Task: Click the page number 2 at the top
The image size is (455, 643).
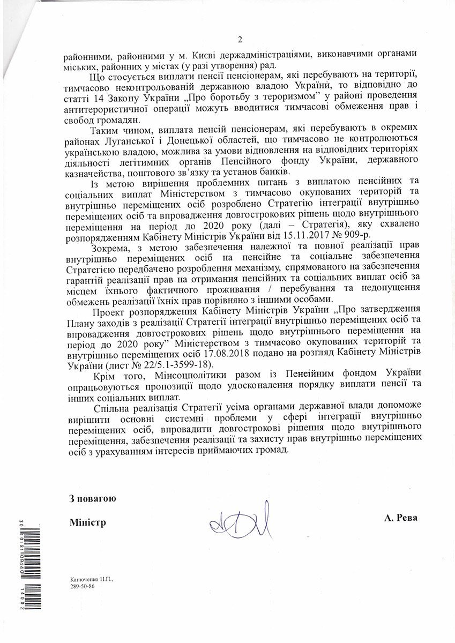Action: click(x=240, y=39)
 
